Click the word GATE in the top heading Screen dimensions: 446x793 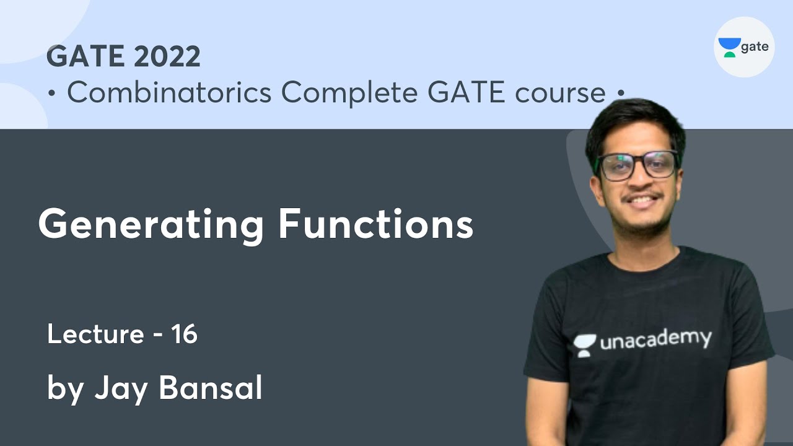pos(85,57)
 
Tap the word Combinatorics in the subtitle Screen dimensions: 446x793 pos(169,93)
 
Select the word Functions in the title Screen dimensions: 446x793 pos(375,224)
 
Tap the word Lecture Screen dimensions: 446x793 pos(95,334)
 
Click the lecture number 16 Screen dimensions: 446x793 pos(185,334)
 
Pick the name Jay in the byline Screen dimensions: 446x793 pos(121,388)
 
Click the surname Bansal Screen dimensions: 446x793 pos(211,388)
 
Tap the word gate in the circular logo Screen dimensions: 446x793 pos(755,47)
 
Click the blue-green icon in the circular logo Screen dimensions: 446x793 pos(729,47)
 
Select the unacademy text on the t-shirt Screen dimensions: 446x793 pos(655,340)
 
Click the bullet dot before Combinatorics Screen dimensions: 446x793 pos(53,94)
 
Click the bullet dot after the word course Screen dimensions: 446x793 pos(620,94)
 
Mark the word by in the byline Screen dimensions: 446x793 pos(64,390)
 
